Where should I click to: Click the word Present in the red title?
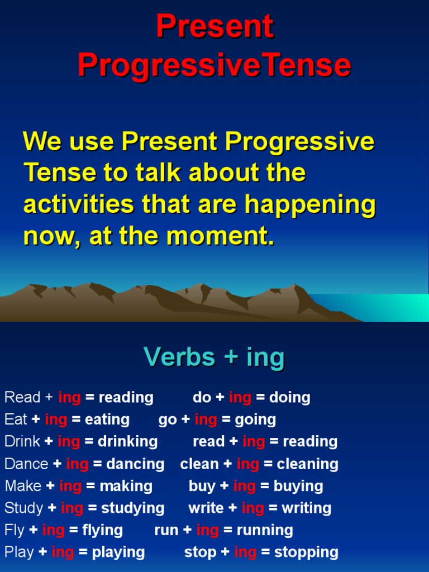point(214,27)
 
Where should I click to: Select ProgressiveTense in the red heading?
point(214,66)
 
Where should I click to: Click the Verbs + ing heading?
point(214,356)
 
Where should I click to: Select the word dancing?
point(136,464)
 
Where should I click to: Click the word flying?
point(103,530)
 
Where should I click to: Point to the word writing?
point(307,508)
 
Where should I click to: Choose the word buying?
point(298,486)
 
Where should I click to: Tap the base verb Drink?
point(22,441)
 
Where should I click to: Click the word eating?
point(107,420)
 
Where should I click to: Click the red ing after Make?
point(70,486)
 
